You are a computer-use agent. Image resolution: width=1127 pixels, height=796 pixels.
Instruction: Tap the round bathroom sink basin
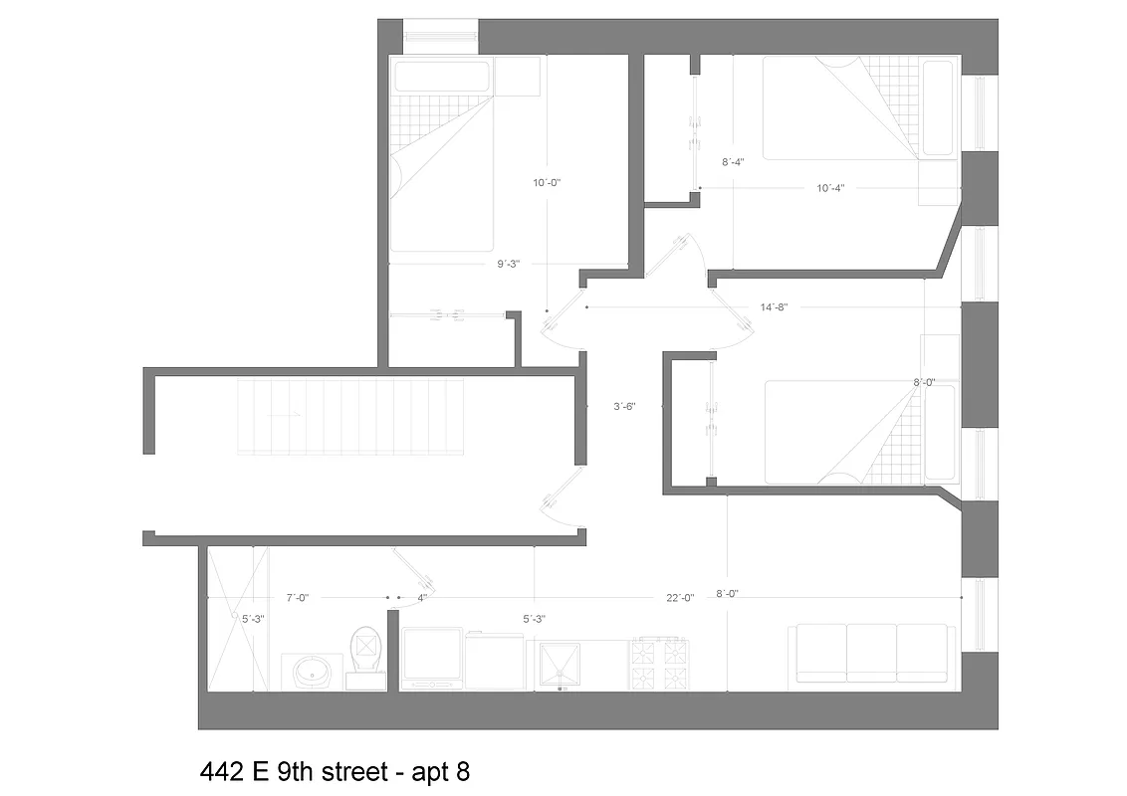pos(312,674)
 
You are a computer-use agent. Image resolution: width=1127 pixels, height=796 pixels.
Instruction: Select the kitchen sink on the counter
pos(563,666)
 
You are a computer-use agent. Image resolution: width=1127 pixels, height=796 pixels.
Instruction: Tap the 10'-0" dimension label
pos(549,183)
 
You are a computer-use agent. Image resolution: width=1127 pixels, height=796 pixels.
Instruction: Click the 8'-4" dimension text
pos(733,161)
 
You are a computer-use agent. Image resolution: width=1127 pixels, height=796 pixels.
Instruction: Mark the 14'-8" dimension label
pos(775,307)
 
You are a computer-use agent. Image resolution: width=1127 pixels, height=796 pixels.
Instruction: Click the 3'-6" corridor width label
pos(624,405)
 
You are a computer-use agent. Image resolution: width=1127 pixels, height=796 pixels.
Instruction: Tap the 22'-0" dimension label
pos(680,598)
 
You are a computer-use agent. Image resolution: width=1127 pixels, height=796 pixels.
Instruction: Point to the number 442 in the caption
pos(220,771)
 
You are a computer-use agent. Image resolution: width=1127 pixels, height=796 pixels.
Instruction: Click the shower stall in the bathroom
pos(237,617)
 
